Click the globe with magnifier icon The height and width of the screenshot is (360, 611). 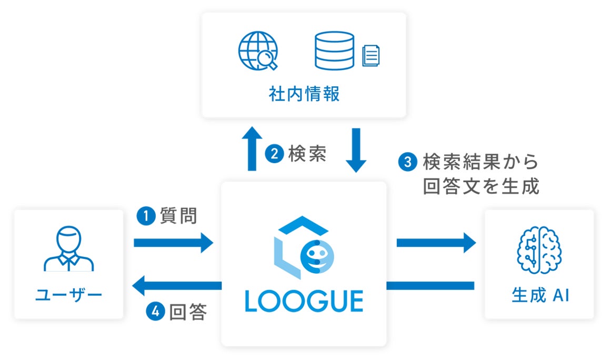point(258,51)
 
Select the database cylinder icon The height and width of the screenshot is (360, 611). point(334,51)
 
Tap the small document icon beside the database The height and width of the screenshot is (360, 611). point(371,55)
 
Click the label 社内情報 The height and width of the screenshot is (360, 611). point(304,94)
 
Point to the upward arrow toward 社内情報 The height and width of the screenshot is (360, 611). point(251,149)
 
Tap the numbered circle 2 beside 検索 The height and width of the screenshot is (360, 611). point(274,154)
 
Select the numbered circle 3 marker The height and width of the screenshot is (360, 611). point(407,162)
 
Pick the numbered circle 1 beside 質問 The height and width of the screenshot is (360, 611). point(145,216)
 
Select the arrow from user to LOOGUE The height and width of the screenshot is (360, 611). point(174,243)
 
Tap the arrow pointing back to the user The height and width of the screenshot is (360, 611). point(176,286)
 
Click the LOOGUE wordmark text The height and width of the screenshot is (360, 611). point(304,302)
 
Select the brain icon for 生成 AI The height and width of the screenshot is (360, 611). point(539,249)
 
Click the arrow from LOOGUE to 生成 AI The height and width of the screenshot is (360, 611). point(436,243)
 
